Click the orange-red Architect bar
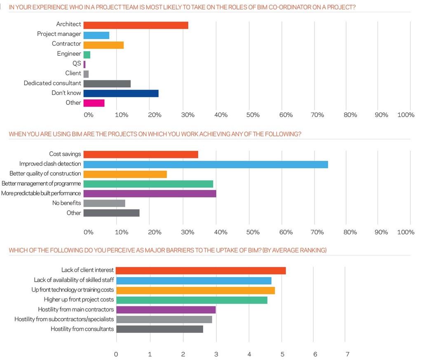pyautogui.click(x=136, y=25)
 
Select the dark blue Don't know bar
pyautogui.click(x=121, y=93)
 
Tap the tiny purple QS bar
pyautogui.click(x=84, y=64)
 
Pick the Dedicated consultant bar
pyautogui.click(x=107, y=84)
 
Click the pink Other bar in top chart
pyautogui.click(x=94, y=103)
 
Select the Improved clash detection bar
pyautogui.click(x=206, y=165)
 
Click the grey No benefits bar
pyautogui.click(x=104, y=203)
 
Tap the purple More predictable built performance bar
pyautogui.click(x=150, y=193)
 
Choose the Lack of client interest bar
pyautogui.click(x=201, y=271)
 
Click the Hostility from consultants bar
pyautogui.click(x=159, y=329)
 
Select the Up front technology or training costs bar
pyautogui.click(x=195, y=290)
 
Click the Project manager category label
pyautogui.click(x=59, y=34)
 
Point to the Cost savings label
pyautogui.click(x=65, y=154)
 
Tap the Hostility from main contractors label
pyautogui.click(x=76, y=309)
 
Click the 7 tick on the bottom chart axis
pyautogui.click(x=347, y=354)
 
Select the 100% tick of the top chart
pyautogui.click(x=406, y=115)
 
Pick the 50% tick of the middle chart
pyautogui.click(x=253, y=232)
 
